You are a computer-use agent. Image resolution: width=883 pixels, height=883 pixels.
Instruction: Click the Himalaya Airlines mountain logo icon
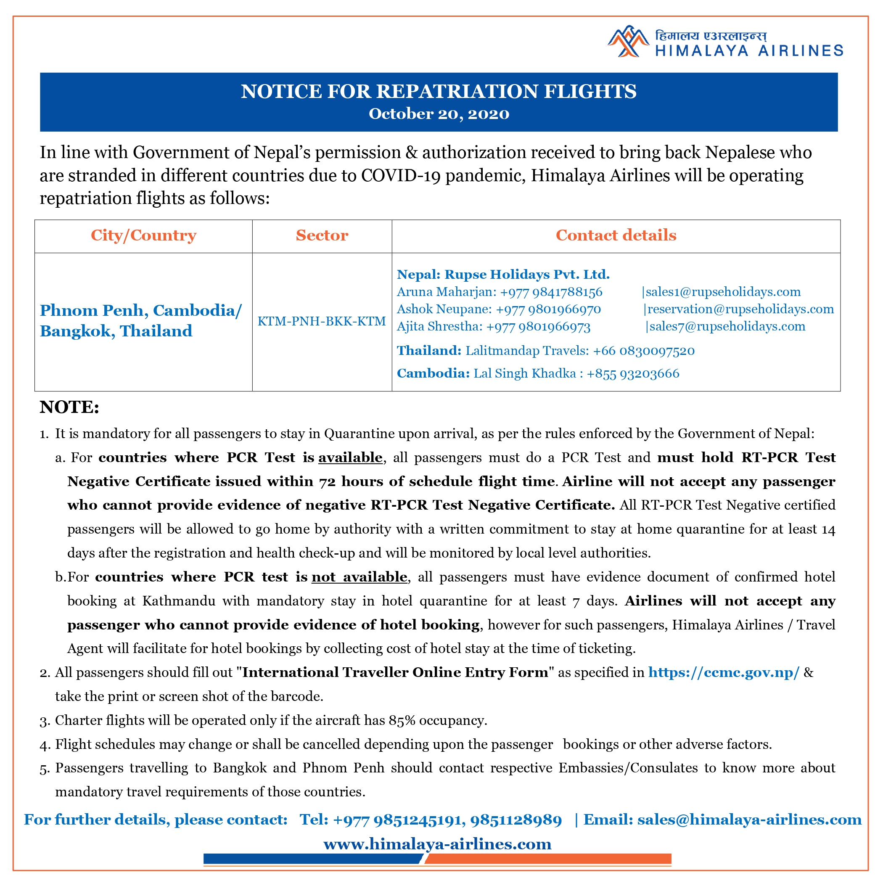pyautogui.click(x=627, y=41)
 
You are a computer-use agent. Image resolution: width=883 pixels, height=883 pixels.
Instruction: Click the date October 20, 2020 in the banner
pyautogui.click(x=439, y=114)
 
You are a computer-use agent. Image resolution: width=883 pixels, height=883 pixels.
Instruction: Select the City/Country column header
pyautogui.click(x=143, y=235)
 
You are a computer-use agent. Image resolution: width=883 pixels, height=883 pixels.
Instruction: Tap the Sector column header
pyautogui.click(x=322, y=235)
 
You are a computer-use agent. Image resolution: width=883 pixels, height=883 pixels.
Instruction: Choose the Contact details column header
pyautogui.click(x=616, y=235)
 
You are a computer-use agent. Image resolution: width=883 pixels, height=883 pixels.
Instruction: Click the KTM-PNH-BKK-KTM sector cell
pyautogui.click(x=322, y=321)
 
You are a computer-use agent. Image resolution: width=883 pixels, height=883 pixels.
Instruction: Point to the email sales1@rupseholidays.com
pyautogui.click(x=723, y=292)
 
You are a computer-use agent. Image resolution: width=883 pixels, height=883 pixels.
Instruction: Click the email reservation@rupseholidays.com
pyautogui.click(x=740, y=309)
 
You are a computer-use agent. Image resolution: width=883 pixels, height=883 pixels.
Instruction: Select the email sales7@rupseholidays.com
pyautogui.click(x=727, y=326)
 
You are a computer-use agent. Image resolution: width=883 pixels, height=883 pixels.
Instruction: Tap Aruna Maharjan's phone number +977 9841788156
pyautogui.click(x=551, y=292)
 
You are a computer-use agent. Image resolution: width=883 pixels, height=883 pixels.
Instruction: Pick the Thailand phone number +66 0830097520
pyautogui.click(x=643, y=351)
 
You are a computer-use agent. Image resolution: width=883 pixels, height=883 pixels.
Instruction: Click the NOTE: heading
pyautogui.click(x=69, y=407)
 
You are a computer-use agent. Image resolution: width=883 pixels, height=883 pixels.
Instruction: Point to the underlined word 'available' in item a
pyautogui.click(x=350, y=457)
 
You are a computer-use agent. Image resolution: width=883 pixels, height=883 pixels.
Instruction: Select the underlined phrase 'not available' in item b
pyautogui.click(x=359, y=577)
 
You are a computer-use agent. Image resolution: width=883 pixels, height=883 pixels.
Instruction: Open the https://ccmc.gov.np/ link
pyautogui.click(x=724, y=672)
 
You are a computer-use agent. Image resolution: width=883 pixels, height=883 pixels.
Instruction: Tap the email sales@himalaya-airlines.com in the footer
pyautogui.click(x=750, y=820)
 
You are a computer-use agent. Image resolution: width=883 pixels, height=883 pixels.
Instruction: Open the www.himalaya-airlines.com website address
pyautogui.click(x=437, y=844)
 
